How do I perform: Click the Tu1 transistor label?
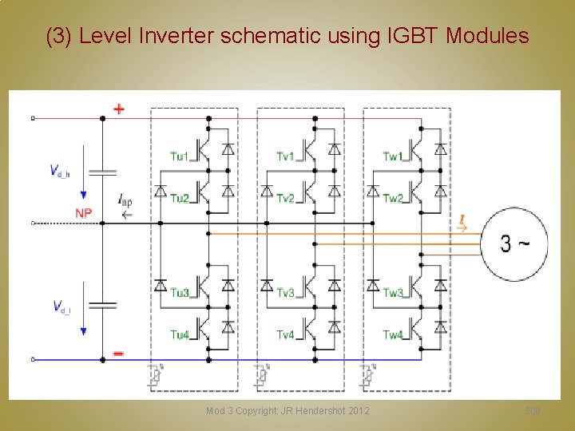click(x=179, y=156)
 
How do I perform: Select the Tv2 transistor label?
click(x=286, y=198)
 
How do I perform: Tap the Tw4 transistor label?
click(x=392, y=335)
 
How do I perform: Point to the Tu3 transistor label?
click(x=179, y=294)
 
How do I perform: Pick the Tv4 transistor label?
click(x=286, y=335)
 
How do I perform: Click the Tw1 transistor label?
click(x=392, y=156)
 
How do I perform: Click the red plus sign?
click(x=119, y=109)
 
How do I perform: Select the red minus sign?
click(x=118, y=352)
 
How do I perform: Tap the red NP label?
click(x=84, y=213)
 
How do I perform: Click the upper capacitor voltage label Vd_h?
click(x=59, y=171)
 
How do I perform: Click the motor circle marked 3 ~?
click(x=514, y=243)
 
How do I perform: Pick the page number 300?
click(x=533, y=411)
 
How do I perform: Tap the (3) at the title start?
click(x=60, y=36)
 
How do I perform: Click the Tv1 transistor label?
click(x=286, y=156)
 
